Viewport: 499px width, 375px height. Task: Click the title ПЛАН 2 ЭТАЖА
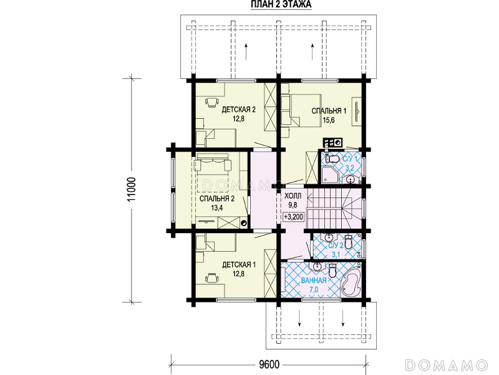tap(281, 4)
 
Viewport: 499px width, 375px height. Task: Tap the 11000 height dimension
tap(132, 189)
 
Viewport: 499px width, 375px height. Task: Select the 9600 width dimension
tap(269, 364)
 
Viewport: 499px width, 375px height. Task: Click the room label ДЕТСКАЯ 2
tap(239, 110)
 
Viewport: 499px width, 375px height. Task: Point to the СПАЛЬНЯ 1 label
tap(329, 111)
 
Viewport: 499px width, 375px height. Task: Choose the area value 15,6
tap(329, 120)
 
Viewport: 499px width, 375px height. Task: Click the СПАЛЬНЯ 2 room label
tap(217, 199)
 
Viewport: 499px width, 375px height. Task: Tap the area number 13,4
tap(217, 208)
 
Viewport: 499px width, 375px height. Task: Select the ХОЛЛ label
tap(293, 196)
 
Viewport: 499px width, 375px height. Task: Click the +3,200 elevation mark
tap(294, 217)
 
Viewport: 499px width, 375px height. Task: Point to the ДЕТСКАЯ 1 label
tap(239, 264)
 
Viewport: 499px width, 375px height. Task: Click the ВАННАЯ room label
tap(314, 280)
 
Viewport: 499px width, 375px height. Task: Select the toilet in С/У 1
tap(331, 159)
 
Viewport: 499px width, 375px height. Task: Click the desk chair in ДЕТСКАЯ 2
tap(212, 102)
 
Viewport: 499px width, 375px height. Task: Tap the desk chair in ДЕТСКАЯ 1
tap(212, 277)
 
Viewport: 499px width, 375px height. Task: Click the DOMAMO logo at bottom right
tap(447, 365)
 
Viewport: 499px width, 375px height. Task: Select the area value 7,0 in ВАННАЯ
tap(314, 289)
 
